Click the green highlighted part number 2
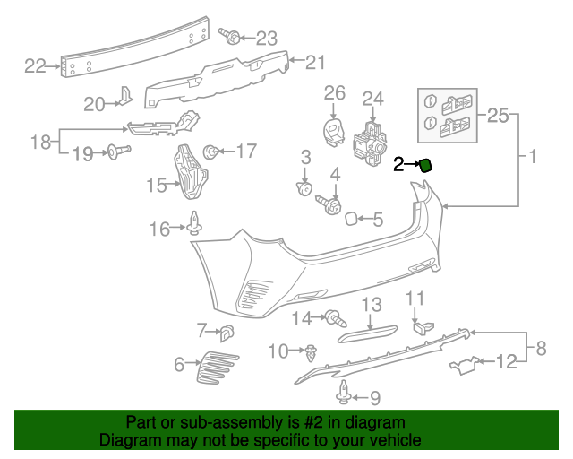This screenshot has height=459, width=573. point(426,163)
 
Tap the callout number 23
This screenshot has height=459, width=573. point(267,38)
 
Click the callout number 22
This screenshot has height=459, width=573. point(35,65)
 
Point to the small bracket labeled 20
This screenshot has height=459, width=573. point(126,100)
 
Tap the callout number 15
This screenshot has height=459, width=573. point(157,186)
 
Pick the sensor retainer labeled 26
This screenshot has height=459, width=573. point(334,129)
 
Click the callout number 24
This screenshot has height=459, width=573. point(372,98)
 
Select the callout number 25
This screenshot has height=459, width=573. point(498,115)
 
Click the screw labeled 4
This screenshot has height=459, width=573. point(331,205)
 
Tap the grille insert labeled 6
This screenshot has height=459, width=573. point(218,366)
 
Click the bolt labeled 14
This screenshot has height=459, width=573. point(336,316)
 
